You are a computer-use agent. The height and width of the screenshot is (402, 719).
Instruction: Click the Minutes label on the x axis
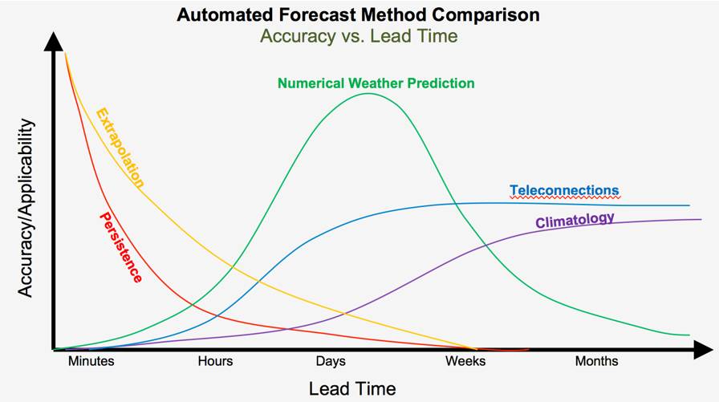tap(91, 362)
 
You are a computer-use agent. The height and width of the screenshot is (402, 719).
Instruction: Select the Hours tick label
tap(215, 362)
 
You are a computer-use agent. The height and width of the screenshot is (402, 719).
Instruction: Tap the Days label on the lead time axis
tap(331, 362)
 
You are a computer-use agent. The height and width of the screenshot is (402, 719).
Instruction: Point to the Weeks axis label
tap(465, 362)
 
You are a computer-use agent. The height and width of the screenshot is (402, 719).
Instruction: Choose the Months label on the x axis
tap(596, 362)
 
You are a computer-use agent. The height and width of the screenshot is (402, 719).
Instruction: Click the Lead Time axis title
tap(352, 389)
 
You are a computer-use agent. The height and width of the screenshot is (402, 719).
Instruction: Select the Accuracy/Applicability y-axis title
tap(26, 208)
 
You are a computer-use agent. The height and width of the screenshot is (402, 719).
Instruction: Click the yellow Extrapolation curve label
tap(120, 148)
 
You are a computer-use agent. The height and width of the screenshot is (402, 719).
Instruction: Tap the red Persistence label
tap(120, 247)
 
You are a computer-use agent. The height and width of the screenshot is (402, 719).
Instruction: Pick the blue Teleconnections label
tap(564, 191)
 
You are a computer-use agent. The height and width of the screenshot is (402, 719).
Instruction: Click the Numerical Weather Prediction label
tap(376, 83)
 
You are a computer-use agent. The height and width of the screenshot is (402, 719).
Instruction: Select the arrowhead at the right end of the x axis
tap(703, 349)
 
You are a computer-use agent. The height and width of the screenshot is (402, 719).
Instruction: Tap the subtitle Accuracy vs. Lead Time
tap(358, 35)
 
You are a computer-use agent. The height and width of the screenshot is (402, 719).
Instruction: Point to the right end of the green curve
tap(689, 335)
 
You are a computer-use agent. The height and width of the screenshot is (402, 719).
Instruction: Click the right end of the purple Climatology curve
tap(689, 219)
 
